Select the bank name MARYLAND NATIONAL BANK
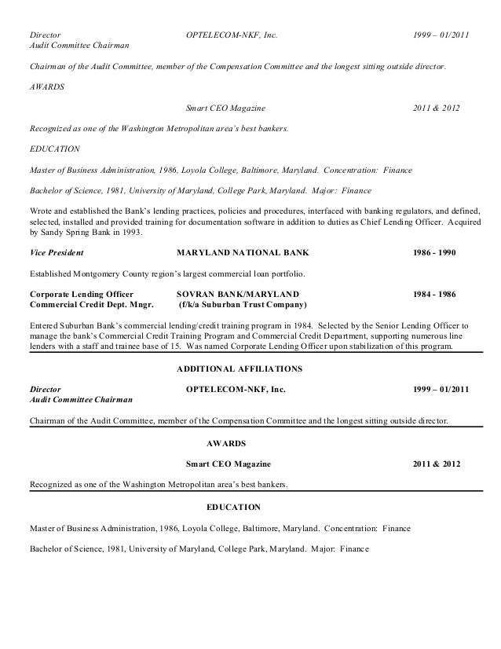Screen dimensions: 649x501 243,254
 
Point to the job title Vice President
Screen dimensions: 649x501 57,254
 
